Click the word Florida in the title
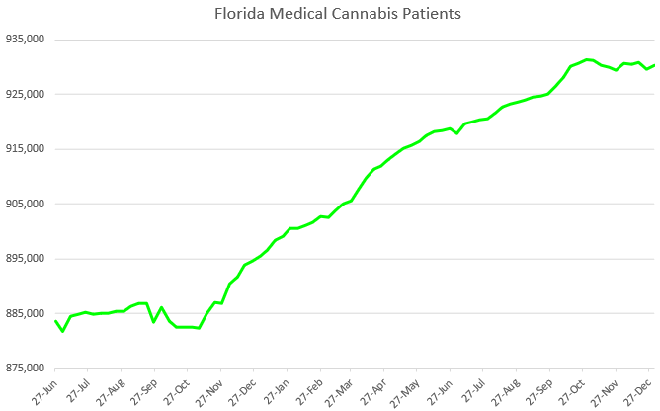click(x=237, y=15)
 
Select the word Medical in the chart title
click(x=294, y=15)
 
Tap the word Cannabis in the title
click(x=360, y=15)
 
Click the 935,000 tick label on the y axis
click(x=23, y=40)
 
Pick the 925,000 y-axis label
click(x=23, y=95)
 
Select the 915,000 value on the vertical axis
click(x=23, y=149)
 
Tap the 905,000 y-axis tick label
click(x=23, y=205)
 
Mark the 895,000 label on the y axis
click(x=23, y=259)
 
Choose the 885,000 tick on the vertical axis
click(x=23, y=314)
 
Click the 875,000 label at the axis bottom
click(x=23, y=369)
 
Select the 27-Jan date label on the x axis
click(x=275, y=389)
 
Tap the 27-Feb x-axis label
click(x=307, y=389)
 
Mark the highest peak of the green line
click(x=588, y=59)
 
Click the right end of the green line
click(x=654, y=65)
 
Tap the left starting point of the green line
click(x=55, y=320)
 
